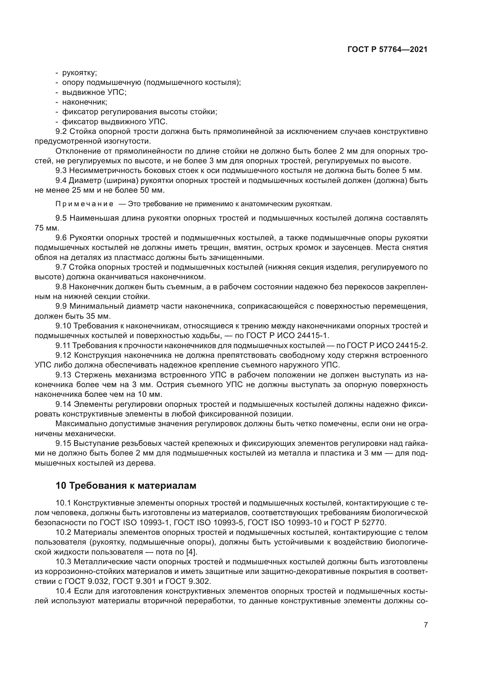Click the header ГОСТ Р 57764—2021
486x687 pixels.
click(x=387, y=50)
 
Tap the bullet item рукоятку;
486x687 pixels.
click(x=79, y=73)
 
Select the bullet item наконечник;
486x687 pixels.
click(x=85, y=102)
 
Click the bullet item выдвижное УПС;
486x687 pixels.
click(x=94, y=92)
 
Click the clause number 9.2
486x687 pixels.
click(x=61, y=131)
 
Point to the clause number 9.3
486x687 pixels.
click(x=61, y=171)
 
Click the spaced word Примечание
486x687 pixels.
click(x=84, y=204)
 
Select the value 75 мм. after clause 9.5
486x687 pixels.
click(x=47, y=228)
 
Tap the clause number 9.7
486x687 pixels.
click(x=61, y=267)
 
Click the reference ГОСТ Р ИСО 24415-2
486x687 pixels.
click(x=387, y=345)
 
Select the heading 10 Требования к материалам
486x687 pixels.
click(x=126, y=485)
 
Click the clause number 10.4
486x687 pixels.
click(x=63, y=591)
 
